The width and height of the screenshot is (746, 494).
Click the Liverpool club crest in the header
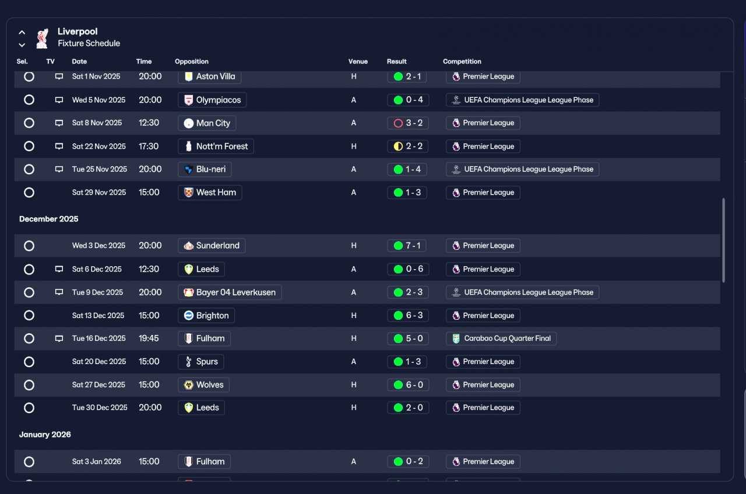point(43,38)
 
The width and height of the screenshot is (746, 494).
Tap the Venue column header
point(358,61)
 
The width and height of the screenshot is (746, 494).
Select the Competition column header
point(462,61)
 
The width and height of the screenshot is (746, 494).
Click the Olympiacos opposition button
point(212,100)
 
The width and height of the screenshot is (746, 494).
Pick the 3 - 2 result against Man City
point(407,123)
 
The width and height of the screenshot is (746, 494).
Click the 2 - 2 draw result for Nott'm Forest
point(407,146)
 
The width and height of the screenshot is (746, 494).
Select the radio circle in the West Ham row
point(29,192)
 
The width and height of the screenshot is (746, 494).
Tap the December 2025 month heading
point(48,218)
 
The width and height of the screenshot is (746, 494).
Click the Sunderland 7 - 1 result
point(407,246)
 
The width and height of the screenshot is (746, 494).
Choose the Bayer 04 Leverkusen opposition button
point(230,292)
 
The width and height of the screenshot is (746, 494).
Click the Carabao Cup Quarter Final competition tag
point(501,338)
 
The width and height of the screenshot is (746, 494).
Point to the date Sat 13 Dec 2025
point(98,315)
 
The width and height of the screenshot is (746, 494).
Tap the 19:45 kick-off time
point(149,338)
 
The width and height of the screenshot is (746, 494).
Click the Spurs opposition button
point(201,362)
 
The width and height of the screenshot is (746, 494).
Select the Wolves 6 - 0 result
point(408,385)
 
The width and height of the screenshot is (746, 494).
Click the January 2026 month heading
point(45,435)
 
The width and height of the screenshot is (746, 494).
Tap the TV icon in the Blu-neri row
point(59,169)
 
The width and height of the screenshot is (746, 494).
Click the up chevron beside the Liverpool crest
point(22,32)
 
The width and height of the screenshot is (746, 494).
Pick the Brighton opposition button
point(206,315)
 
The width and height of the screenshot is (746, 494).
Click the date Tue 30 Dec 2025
point(100,407)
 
